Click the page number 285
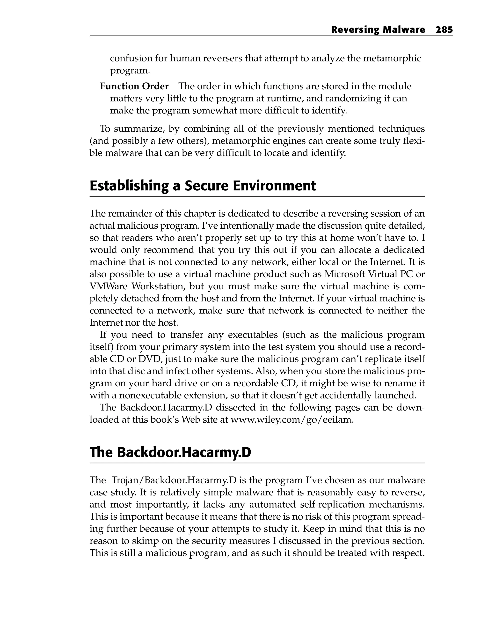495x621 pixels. tap(444, 30)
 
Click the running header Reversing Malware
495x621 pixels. tap(378, 30)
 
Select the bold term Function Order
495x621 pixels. tap(134, 86)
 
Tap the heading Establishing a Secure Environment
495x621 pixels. tap(203, 186)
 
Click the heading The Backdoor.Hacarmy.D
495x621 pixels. tap(170, 452)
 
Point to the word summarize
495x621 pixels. tap(139, 128)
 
